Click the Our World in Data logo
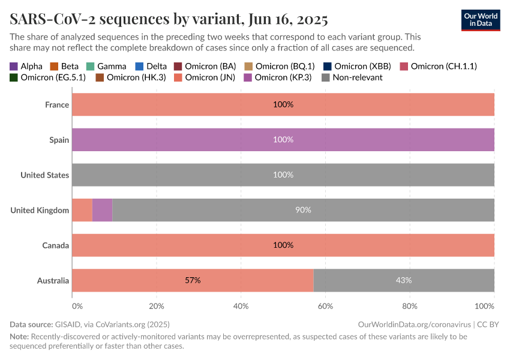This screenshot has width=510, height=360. [x=480, y=20]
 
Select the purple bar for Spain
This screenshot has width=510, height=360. [x=283, y=139]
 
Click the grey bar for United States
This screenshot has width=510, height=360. [x=283, y=175]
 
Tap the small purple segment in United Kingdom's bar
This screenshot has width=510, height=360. [x=102, y=210]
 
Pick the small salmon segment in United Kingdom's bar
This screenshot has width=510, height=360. [x=82, y=210]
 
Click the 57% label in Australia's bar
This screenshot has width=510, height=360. [x=193, y=280]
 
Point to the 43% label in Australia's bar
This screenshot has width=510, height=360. [x=403, y=280]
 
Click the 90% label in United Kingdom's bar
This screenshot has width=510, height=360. [x=303, y=210]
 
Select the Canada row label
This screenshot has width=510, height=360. [x=55, y=245]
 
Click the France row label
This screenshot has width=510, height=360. [x=57, y=104]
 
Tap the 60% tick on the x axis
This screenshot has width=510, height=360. [x=325, y=306]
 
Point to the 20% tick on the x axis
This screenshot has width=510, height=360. [x=157, y=306]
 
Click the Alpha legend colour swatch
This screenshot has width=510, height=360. [x=14, y=66]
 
